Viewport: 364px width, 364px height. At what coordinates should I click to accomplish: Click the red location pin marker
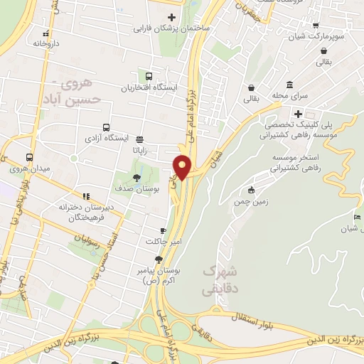coord(183,166)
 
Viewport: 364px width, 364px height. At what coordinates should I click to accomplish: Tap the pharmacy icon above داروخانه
coord(47,32)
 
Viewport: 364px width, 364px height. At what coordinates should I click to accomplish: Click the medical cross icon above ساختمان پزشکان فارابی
coord(171,18)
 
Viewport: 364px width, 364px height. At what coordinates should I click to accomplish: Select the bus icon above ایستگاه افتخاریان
coord(149,77)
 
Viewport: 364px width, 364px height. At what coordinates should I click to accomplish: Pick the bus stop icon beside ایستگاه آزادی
coord(139,139)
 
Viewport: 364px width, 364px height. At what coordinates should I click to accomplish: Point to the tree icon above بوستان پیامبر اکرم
coord(168,259)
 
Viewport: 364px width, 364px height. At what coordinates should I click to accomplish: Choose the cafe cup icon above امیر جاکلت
coord(163,231)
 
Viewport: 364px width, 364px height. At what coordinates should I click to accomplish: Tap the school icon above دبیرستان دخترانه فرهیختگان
coord(86,196)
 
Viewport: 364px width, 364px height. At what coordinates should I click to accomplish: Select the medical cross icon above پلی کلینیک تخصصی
coord(299,113)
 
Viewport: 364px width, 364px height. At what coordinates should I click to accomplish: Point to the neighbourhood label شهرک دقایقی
coord(218,280)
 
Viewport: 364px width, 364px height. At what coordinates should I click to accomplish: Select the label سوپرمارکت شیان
coord(326,36)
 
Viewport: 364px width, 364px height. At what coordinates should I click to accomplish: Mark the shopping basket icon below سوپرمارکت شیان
coord(324,50)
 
